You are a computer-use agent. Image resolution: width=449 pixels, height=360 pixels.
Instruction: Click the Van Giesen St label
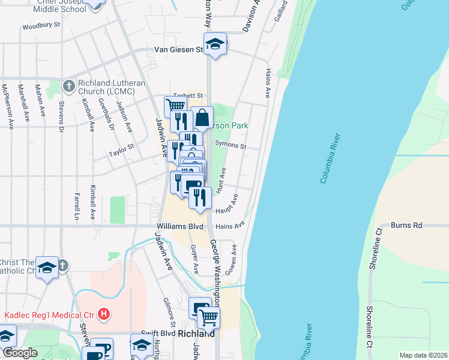pyautogui.click(x=179, y=50)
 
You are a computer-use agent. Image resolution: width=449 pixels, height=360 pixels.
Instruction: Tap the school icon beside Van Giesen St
pyautogui.click(x=214, y=44)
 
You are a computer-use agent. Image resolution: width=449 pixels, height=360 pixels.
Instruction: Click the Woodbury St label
pyautogui.click(x=41, y=26)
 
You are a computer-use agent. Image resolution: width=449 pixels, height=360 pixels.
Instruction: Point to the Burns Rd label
pyautogui.click(x=406, y=226)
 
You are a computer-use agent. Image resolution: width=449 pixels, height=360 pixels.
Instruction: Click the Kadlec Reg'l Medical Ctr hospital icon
pyautogui.click(x=104, y=314)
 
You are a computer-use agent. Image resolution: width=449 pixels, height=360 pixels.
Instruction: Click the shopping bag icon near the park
pyautogui.click(x=203, y=118)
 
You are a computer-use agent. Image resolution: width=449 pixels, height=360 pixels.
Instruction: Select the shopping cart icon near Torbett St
pyautogui.click(x=175, y=107)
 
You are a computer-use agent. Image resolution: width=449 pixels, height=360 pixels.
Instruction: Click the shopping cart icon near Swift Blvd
pyautogui.click(x=208, y=318)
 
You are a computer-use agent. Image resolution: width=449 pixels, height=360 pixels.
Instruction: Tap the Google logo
pyautogui.click(x=19, y=353)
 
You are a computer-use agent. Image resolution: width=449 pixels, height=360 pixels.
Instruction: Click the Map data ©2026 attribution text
pyautogui.click(x=423, y=355)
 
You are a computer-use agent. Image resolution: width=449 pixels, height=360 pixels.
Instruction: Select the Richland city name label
pyautogui.click(x=196, y=334)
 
